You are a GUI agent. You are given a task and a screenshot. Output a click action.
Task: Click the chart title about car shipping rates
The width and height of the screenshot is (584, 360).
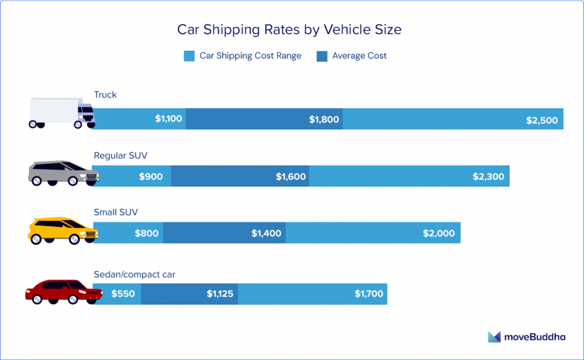coord(289,29)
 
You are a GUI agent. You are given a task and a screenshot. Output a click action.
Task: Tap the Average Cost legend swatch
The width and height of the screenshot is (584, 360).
coord(322,56)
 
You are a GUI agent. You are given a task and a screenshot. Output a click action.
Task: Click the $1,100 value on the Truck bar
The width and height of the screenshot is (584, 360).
coord(168,119)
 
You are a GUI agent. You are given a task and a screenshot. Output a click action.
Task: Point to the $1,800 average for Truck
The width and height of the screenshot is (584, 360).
coord(324,119)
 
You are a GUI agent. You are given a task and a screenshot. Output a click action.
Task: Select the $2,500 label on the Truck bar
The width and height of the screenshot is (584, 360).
coord(542,120)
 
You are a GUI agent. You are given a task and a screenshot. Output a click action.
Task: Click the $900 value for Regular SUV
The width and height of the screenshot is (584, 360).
coord(151,176)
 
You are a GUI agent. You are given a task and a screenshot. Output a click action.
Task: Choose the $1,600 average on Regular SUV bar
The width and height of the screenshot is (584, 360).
coord(291,176)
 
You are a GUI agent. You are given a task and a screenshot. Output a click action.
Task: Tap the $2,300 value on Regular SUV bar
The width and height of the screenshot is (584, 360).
coord(488,176)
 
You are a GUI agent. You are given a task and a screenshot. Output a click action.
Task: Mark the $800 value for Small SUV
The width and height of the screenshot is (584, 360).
coord(147,233)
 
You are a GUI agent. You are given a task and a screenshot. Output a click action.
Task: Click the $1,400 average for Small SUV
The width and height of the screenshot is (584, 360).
coord(267,233)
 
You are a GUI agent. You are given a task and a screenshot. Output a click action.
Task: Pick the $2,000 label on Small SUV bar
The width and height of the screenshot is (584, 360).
coord(439,233)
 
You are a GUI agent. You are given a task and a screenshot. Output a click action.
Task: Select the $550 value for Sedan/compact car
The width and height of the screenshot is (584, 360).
coord(123,294)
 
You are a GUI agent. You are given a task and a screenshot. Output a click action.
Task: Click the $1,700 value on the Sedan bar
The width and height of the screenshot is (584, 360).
coord(369,294)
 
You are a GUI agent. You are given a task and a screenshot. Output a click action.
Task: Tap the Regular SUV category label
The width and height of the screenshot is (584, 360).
coord(121,155)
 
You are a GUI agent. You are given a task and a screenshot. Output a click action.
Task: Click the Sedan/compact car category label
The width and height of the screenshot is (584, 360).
coord(135,274)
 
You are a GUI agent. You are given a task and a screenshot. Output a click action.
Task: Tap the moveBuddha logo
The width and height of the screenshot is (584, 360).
coord(526,337)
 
